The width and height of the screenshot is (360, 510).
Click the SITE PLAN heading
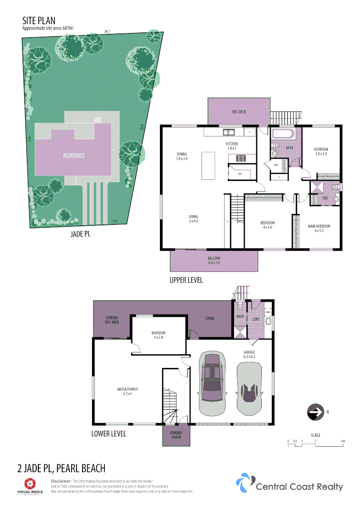[x=39, y=20]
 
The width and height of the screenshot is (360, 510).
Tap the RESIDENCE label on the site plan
[x=74, y=155]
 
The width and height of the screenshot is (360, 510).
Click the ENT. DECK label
[x=239, y=112]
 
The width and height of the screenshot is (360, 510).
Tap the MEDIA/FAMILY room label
[x=127, y=391]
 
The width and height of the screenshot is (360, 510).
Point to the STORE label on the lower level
[x=210, y=318]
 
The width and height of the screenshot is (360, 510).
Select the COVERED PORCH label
[x=175, y=435]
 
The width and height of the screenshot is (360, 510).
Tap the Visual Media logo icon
[x=29, y=483]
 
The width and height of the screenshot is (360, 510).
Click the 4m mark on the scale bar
[x=343, y=441]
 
